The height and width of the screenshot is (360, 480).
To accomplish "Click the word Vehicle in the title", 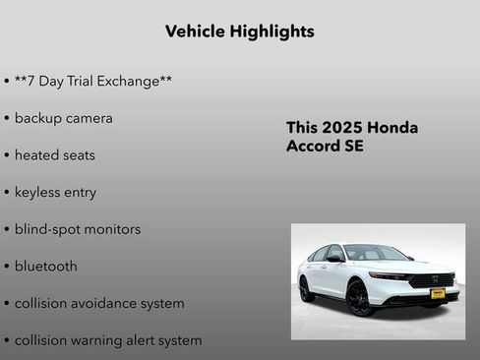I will pos(197,31).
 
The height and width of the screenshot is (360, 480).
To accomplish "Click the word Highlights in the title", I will pos(274,31).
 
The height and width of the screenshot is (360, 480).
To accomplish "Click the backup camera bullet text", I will pos(63,118).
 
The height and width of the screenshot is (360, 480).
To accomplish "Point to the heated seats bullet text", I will pos(54,155).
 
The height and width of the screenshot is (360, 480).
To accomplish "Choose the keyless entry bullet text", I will pos(55,193).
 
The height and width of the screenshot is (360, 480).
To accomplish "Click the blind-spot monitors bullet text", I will pos(77,229).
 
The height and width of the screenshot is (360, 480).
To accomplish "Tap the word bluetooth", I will pos(45,267).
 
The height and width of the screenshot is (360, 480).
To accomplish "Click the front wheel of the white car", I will pos(359,297).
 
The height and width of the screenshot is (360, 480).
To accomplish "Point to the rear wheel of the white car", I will pos(306,289).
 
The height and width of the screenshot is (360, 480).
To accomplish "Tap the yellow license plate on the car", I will pos(438,293).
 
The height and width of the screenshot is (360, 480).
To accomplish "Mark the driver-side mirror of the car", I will pos(334,260).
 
